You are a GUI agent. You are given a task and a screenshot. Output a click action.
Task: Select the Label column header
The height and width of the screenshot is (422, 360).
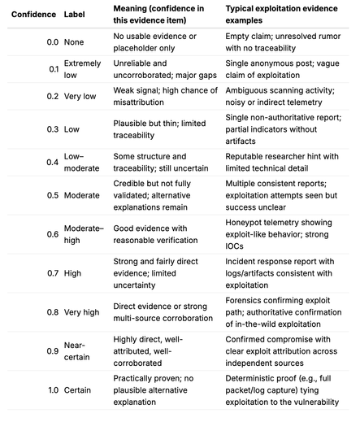click(78, 15)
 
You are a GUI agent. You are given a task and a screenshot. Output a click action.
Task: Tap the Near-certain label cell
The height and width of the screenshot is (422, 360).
click(79, 350)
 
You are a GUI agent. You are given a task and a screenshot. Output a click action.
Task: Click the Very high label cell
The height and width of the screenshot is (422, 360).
click(85, 311)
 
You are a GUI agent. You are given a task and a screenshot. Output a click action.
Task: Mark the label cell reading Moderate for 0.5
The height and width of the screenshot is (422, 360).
click(85, 196)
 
